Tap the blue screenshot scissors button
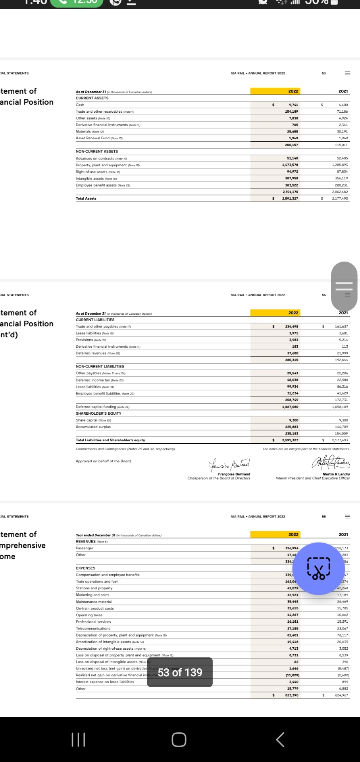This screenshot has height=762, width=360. (319, 568)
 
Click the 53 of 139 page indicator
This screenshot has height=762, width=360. (180, 672)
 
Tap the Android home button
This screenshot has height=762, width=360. (179, 739)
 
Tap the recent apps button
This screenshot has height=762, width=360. (78, 739)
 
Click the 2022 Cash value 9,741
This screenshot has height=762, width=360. (293, 105)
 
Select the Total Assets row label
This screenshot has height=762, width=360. (86, 198)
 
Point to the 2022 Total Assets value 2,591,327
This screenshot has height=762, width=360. (290, 198)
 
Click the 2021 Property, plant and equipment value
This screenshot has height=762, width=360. (340, 165)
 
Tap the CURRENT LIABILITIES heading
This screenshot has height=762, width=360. (95, 320)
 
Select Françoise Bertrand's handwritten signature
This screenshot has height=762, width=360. (229, 463)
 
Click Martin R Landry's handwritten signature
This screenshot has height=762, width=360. (330, 462)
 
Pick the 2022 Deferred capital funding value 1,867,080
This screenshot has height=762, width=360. (290, 407)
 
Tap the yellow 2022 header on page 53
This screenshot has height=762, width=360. (293, 91)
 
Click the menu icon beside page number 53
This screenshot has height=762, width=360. (348, 73)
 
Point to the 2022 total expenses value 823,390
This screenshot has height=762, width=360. (291, 695)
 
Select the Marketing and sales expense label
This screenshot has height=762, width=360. (92, 595)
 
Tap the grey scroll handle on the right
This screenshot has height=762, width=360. (344, 286)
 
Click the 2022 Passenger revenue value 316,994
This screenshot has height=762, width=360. (291, 548)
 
